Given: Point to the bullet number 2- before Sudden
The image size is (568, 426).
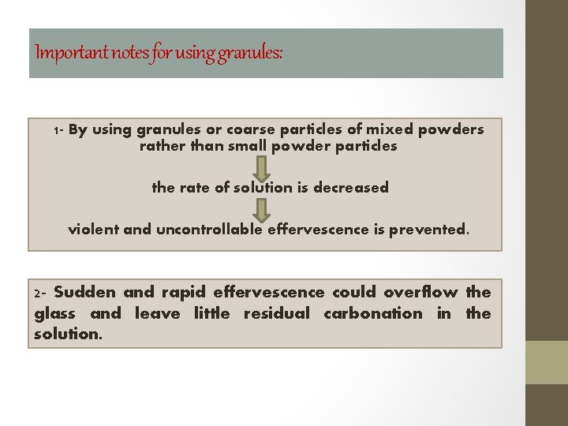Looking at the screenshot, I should tap(41, 293).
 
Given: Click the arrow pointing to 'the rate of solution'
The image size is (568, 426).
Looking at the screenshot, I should tap(263, 167).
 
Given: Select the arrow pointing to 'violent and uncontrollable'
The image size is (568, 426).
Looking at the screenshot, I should tap(263, 209).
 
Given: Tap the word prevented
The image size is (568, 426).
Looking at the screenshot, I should tap(429, 230).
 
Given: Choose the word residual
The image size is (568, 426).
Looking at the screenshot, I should tap(277, 313).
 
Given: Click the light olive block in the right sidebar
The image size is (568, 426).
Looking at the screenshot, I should tap(547, 362).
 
